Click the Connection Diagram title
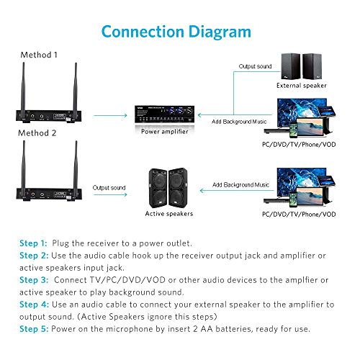click(176, 32)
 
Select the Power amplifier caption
click(166, 132)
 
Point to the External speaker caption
click(302, 85)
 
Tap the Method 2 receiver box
click(50, 189)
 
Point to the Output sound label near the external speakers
click(255, 67)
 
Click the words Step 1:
click(33, 243)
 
